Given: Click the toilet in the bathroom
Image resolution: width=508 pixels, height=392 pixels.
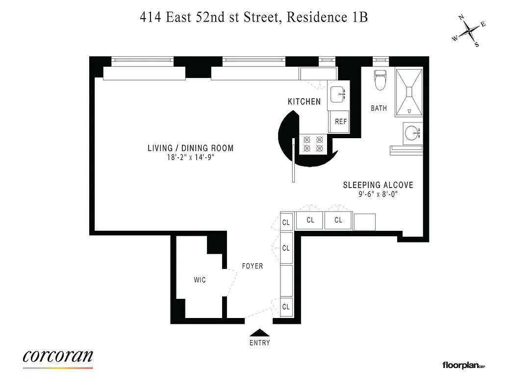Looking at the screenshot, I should coord(380,80).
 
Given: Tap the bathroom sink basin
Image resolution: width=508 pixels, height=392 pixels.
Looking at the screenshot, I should coord(413,132).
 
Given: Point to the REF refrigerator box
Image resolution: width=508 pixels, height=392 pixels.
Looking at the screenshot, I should coord(340,122).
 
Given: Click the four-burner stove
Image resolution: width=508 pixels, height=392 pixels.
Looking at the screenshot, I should coord(313,143).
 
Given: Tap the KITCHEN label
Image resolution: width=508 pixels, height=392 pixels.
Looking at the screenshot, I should coord(304,102).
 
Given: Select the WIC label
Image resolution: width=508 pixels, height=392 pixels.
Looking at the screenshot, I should coord(200,280).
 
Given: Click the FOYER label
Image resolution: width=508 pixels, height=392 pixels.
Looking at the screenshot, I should coord(253,266).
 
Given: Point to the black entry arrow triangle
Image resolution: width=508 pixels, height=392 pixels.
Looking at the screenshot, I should coord(259,333).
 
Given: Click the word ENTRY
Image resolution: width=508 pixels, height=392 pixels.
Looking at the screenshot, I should coord(259,343).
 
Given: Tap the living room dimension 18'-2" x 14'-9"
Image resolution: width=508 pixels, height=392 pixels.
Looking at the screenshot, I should coord(191,158).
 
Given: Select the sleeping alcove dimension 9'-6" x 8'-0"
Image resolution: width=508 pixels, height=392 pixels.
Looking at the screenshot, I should coord(378,194).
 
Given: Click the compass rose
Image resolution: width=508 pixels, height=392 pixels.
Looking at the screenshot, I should coord(470,31).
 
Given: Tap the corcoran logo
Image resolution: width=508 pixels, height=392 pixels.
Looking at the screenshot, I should coord(58,356).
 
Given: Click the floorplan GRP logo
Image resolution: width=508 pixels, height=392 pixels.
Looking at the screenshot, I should coord(463,365).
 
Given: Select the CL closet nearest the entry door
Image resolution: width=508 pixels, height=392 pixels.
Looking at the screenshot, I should coord(286,307).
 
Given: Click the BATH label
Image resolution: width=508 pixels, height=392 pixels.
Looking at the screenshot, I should coord(379,108).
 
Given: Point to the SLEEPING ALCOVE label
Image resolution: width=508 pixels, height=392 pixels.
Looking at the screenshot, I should coord(378,185).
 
